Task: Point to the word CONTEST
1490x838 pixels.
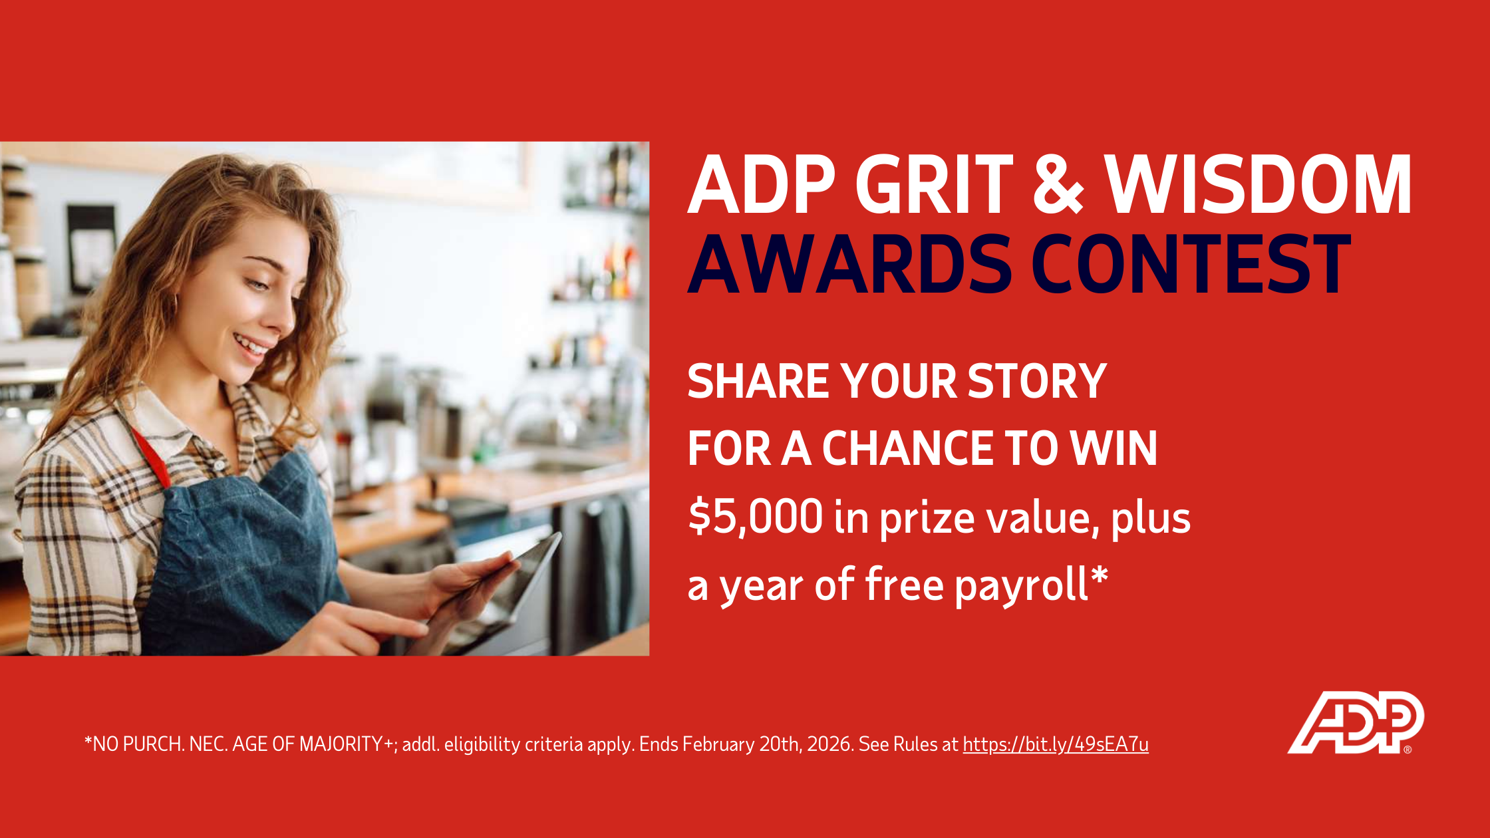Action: [x=1191, y=264]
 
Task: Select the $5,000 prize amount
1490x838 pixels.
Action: [x=756, y=517]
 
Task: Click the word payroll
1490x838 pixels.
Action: [x=1021, y=586]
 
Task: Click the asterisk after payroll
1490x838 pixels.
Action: [x=1100, y=575]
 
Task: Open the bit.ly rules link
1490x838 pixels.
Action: [x=1056, y=744]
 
